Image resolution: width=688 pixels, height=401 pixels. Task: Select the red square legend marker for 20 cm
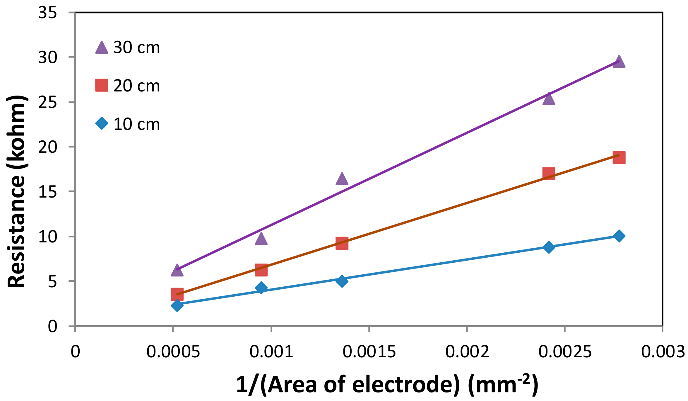pos(102,85)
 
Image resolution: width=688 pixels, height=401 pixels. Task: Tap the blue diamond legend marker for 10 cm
pos(102,123)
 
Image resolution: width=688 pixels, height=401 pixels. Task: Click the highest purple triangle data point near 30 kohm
pos(619,62)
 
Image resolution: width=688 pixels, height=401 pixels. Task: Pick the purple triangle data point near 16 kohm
pos(342,179)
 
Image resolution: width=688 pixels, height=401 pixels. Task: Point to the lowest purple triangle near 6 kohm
pos(177,270)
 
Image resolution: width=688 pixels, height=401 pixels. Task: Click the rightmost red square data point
pos(619,157)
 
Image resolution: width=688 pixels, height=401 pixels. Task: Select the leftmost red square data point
pos(177,294)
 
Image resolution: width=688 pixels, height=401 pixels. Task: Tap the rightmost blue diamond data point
pos(619,236)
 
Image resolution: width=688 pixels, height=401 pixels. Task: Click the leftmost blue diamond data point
pos(177,305)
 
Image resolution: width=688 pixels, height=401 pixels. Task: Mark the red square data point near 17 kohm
pos(549,174)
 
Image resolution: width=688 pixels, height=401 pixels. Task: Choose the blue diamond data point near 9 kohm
pos(549,247)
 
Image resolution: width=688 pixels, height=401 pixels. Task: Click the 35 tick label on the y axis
pos(47,13)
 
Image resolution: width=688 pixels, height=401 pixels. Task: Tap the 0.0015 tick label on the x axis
pos(369,352)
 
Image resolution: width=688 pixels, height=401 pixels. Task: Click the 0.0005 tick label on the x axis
pos(173,352)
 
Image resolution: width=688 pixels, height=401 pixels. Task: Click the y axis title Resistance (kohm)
pos(17,191)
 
